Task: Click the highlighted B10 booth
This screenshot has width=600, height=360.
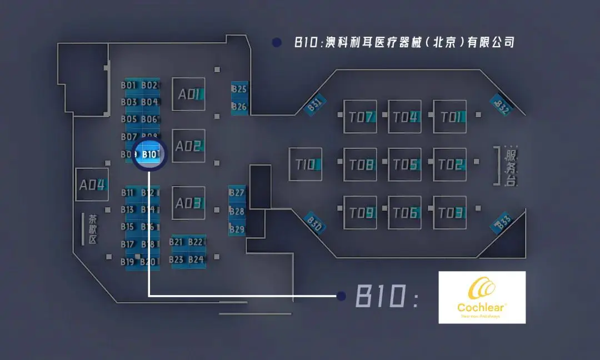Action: coord(150,154)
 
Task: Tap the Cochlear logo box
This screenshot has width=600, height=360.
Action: coord(482,297)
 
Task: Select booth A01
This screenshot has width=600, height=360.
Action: coord(188,94)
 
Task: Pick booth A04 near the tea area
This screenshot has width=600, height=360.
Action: coord(92,184)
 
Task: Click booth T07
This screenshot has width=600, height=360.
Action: coord(360,117)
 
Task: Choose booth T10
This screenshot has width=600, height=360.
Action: coord(305,164)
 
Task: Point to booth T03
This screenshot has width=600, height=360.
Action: coord(449,212)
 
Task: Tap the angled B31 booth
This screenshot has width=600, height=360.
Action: coord(314,106)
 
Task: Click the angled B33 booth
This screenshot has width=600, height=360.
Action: coord(503,223)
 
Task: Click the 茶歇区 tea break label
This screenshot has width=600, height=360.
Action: coord(93,229)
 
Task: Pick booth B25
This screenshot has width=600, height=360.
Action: coord(239,89)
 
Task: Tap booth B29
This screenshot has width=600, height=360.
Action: coord(237,229)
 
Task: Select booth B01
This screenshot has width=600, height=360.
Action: coord(129,86)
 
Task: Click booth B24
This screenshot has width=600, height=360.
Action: coord(196,259)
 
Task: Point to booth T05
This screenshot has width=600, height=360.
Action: coord(404,164)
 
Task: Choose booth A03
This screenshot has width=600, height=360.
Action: coord(188,203)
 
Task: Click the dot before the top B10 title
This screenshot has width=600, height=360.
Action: coord(276,42)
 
